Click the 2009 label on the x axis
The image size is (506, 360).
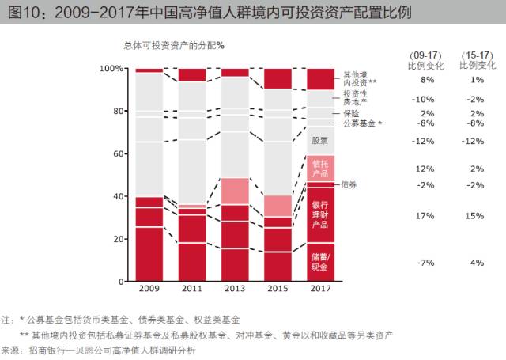149,288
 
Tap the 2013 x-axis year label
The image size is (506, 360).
235,288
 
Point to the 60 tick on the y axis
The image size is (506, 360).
118,153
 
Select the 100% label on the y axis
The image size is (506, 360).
111,69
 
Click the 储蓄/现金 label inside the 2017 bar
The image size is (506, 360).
320,262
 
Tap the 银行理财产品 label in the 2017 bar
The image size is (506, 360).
320,214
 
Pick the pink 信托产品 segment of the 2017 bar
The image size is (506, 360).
320,169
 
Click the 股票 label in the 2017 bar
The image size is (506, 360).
319,141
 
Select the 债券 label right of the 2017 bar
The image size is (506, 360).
349,184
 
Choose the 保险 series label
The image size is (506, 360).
351,113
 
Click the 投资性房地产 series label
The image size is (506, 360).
355,98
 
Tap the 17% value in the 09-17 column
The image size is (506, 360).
425,216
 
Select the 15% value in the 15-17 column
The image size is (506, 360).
474,216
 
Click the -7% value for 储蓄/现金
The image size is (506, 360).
425,263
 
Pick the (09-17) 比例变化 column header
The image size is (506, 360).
426,60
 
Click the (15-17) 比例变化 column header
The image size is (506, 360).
478,60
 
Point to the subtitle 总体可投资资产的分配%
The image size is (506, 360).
174,46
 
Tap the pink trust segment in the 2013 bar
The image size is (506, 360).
235,191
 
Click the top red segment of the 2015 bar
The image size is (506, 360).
278,78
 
